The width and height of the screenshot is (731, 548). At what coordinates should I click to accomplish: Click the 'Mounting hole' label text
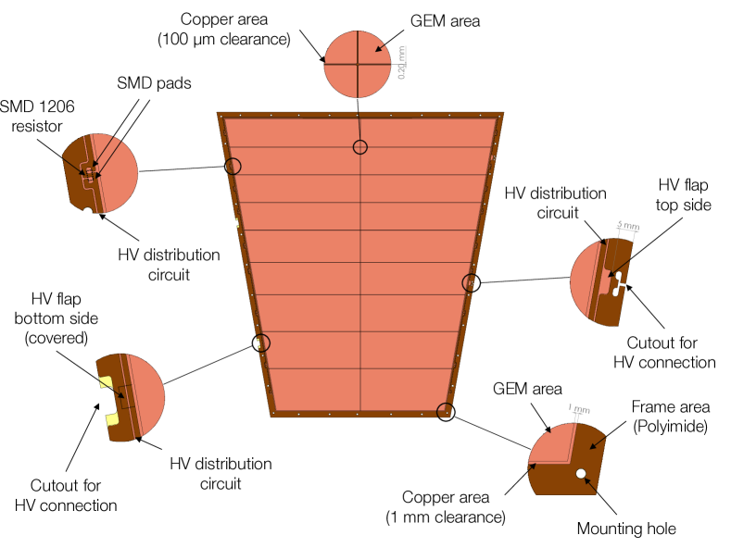click(x=626, y=529)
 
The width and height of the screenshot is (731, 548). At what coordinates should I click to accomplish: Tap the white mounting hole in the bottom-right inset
click(x=581, y=474)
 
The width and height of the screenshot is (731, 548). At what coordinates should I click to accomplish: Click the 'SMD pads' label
click(x=154, y=83)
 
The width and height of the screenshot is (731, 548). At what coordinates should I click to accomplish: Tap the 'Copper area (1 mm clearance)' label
click(x=446, y=507)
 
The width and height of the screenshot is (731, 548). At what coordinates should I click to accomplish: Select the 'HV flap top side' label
click(x=684, y=194)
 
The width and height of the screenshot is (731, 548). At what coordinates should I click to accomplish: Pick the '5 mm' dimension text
click(x=627, y=225)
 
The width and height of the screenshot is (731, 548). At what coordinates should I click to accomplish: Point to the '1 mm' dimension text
click(x=579, y=407)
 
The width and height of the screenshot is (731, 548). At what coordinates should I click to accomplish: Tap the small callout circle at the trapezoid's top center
click(x=359, y=147)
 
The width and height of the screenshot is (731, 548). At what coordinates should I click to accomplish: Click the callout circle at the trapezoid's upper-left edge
click(x=232, y=167)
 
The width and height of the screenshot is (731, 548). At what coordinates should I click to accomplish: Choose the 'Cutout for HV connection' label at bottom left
click(x=66, y=495)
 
